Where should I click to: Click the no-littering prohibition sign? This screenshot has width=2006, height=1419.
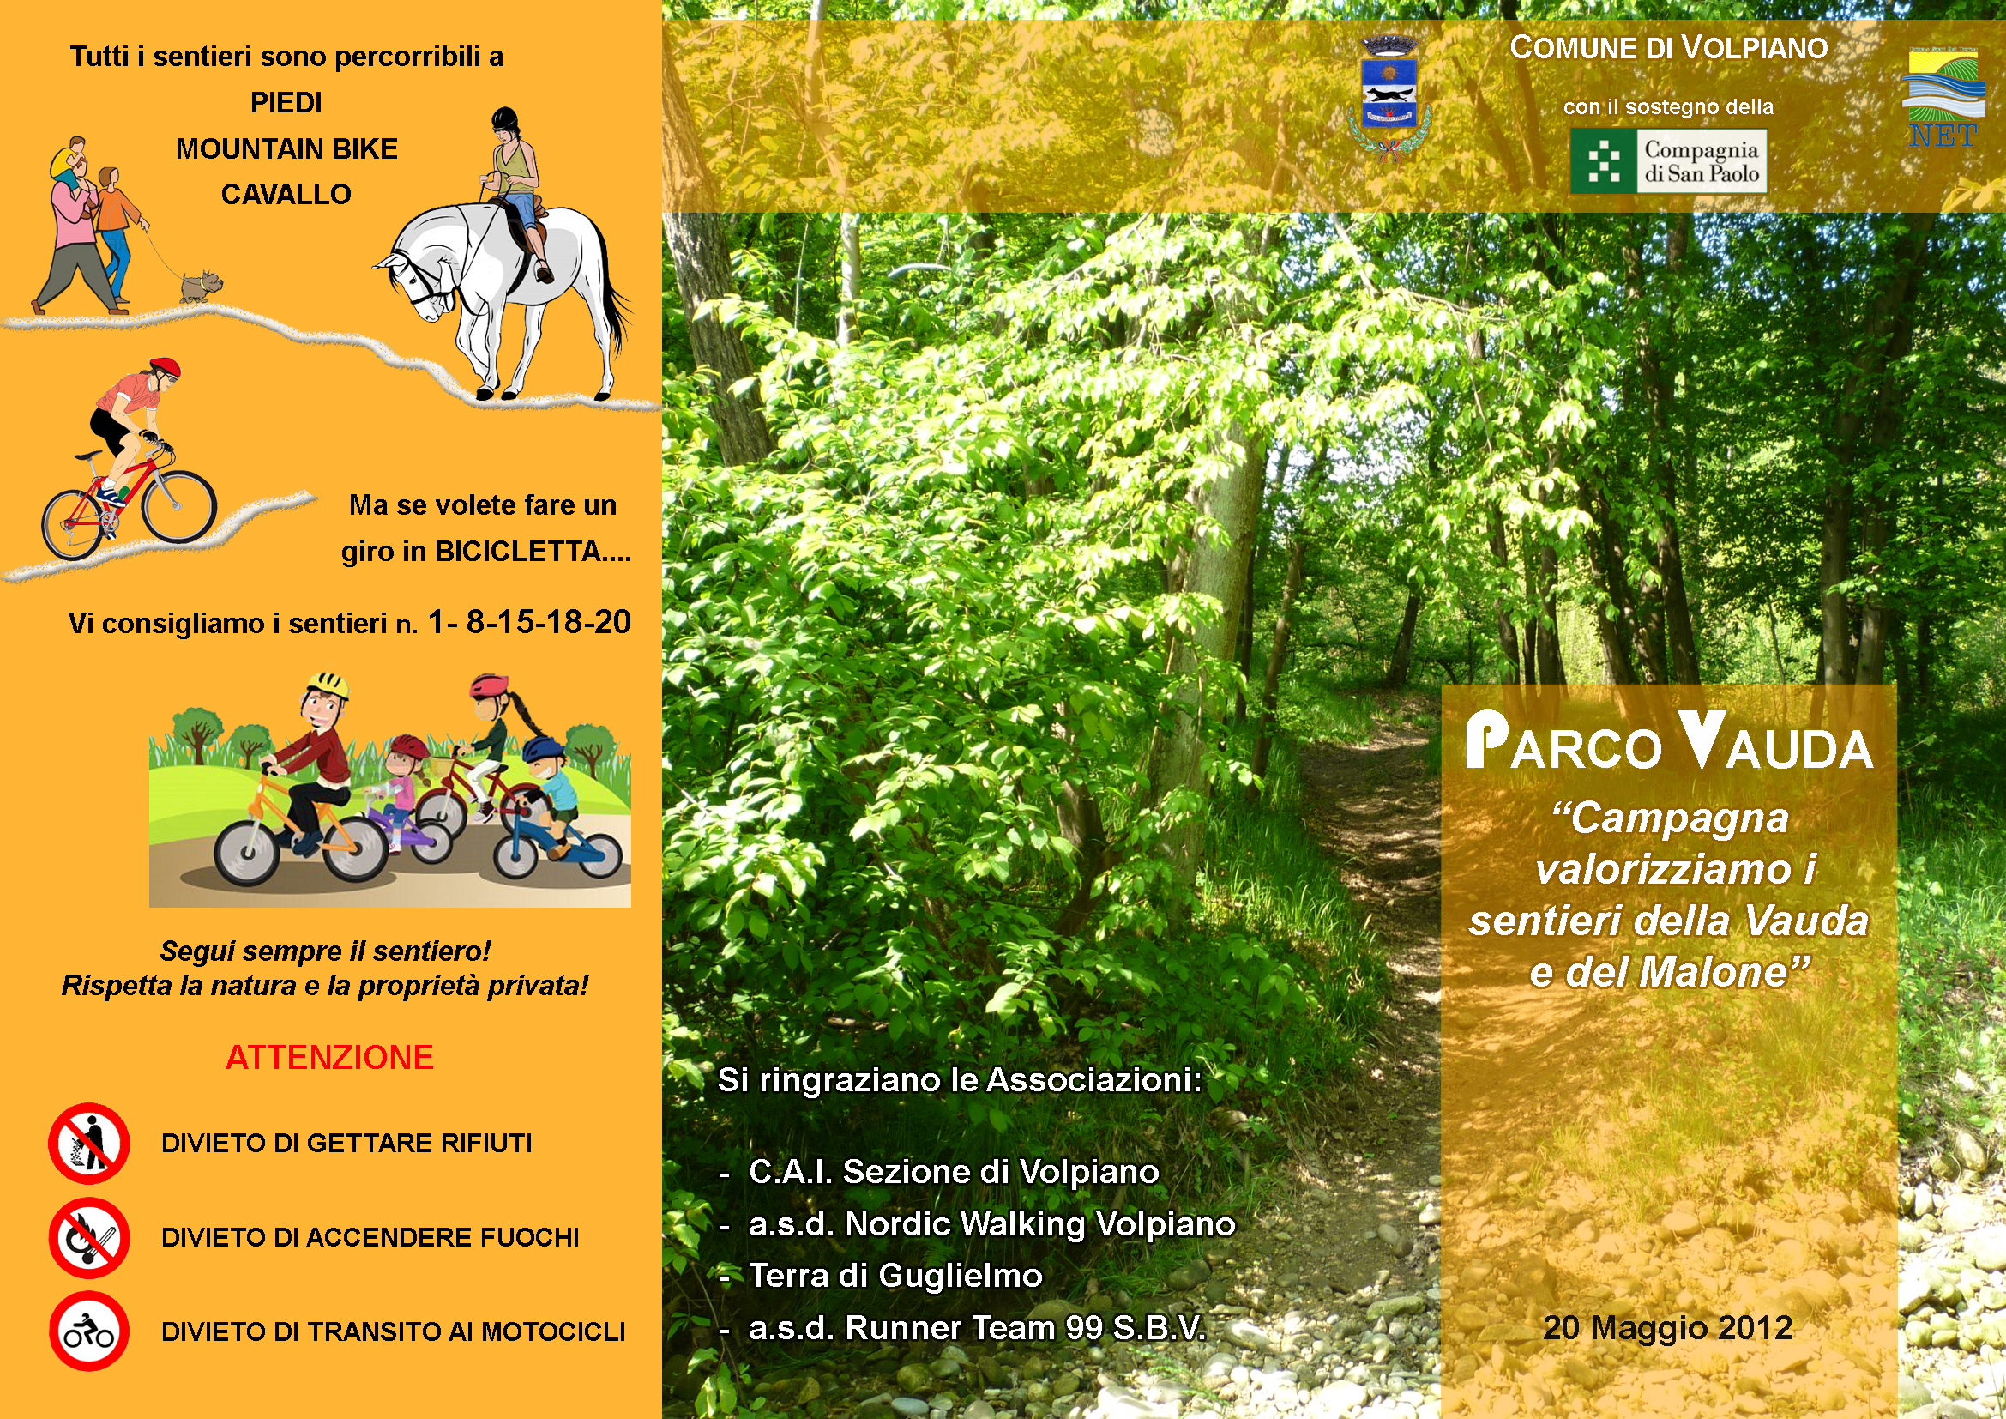click(89, 1143)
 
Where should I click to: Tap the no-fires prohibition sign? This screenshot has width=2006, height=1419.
click(89, 1237)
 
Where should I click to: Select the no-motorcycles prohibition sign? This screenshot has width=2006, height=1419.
click(89, 1331)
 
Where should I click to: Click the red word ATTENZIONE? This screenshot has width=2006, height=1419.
click(329, 1057)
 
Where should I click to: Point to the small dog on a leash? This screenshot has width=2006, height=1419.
click(201, 285)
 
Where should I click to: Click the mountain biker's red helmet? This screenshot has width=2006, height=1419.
click(165, 368)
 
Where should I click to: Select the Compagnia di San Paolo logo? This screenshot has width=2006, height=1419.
click(1668, 161)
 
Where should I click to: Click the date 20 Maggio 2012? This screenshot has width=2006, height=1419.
click(1668, 1327)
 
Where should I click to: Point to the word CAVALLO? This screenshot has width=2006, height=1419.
click(286, 194)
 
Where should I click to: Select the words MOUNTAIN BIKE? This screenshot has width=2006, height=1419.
click(286, 148)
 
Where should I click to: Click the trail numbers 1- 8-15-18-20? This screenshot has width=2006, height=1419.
click(529, 621)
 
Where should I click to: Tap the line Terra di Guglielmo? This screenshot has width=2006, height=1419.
click(895, 1276)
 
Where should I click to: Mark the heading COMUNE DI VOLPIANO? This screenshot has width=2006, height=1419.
click(1669, 48)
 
